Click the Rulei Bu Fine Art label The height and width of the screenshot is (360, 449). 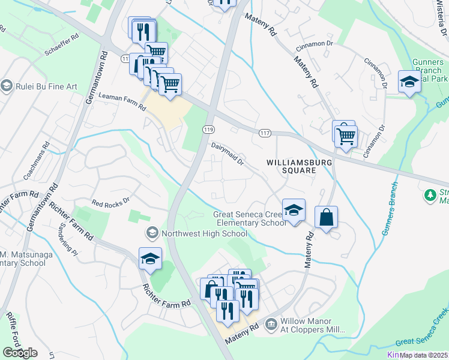pos(46,86)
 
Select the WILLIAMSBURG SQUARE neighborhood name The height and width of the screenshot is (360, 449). pos(291,166)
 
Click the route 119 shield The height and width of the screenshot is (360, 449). pos(208,130)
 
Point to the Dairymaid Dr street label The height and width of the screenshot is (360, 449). pos(228,152)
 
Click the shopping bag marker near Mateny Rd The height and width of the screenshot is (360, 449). pos(326,218)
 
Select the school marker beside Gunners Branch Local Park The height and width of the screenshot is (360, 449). pos(409,82)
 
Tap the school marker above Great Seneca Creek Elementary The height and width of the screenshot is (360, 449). pos(294,211)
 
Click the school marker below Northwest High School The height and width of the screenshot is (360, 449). pos(151,259)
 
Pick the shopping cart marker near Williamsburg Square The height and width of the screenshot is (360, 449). pos(346,136)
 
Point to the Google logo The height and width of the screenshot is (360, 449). pos(20,353)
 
